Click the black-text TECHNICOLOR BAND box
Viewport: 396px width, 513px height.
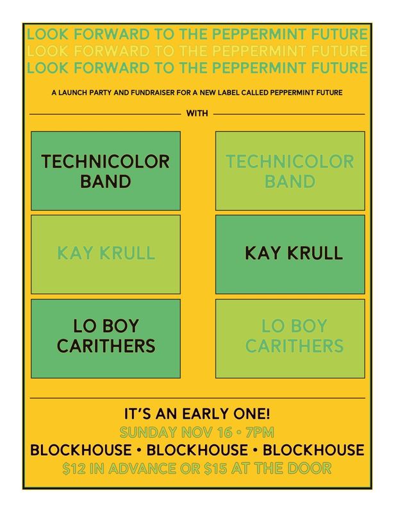pyautogui.click(x=106, y=171)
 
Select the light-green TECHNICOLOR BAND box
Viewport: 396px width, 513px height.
pyautogui.click(x=290, y=171)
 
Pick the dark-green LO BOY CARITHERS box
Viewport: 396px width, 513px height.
pyautogui.click(x=106, y=336)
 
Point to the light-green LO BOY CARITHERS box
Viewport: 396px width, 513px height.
pyautogui.click(x=290, y=336)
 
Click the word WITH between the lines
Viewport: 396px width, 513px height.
pyautogui.click(x=197, y=114)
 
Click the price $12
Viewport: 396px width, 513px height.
pyautogui.click(x=76, y=468)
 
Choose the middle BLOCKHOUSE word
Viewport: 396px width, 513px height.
pyautogui.click(x=197, y=450)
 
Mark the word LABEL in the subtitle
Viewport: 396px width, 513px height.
pyautogui.click(x=239, y=93)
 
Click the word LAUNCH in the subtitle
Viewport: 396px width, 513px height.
pyautogui.click(x=76, y=93)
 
